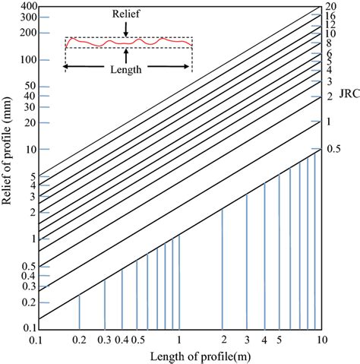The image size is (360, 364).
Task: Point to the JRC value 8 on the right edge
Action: click(331, 43)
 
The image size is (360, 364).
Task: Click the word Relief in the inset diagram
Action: click(126, 14)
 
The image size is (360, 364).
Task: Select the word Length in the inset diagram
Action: click(126, 66)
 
